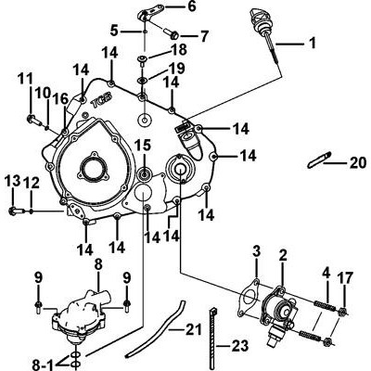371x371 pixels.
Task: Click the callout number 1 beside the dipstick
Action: coord(313,44)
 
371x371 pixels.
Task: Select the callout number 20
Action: coord(358,162)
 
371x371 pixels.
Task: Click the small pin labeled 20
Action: coord(319,160)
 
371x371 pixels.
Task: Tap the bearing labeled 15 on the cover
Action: coord(145,174)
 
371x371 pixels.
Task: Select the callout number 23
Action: coord(240,346)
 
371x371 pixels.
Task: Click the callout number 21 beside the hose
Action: coord(193,329)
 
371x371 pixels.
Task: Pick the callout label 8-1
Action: coord(43,365)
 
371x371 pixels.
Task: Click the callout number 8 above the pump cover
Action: coord(97,265)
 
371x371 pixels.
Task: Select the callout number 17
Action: coord(344,278)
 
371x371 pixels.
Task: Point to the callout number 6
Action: coord(192,6)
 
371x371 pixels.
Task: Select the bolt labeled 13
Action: coord(17,211)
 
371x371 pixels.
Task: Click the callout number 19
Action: coord(176,69)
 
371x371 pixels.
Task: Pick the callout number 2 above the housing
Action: coord(283,256)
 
